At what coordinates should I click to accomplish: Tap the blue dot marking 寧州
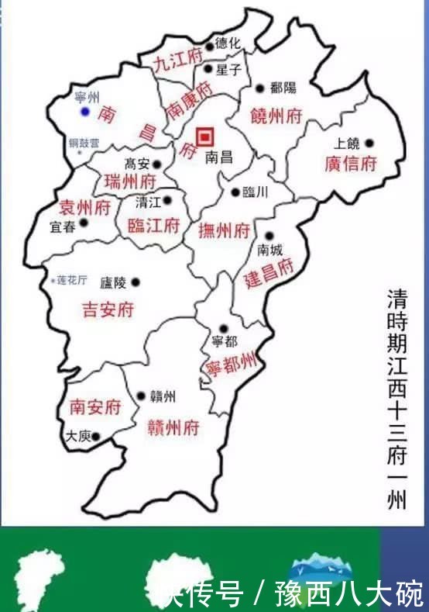pyautogui.click(x=85, y=112)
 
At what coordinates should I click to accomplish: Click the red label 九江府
pyautogui.click(x=177, y=60)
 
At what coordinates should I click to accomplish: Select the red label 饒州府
pyautogui.click(x=276, y=116)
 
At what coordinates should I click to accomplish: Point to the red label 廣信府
pyautogui.click(x=350, y=164)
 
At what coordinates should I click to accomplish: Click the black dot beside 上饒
pyautogui.click(x=369, y=143)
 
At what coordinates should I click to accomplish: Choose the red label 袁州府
pyautogui.click(x=85, y=207)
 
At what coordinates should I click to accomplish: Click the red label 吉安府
pyautogui.click(x=108, y=310)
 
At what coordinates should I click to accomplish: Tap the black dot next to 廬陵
pyautogui.click(x=136, y=282)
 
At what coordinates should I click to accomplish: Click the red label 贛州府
pyautogui.click(x=173, y=427)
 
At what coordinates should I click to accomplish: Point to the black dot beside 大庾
pyautogui.click(x=97, y=437)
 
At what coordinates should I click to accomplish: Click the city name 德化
pyautogui.click(x=228, y=44)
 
